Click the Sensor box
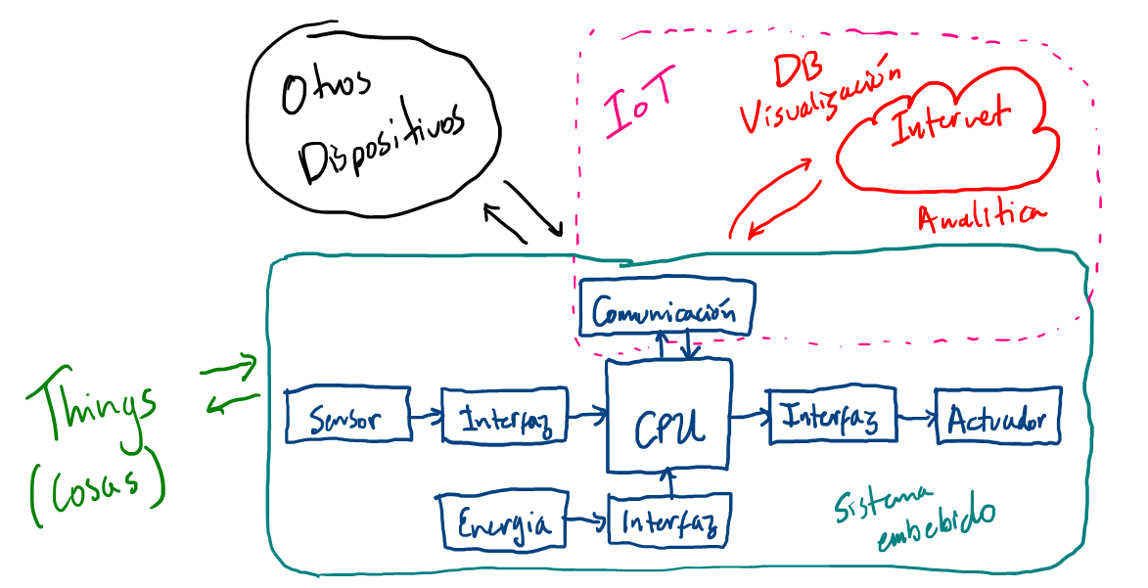click(346, 418)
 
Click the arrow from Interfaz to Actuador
click(914, 418)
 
